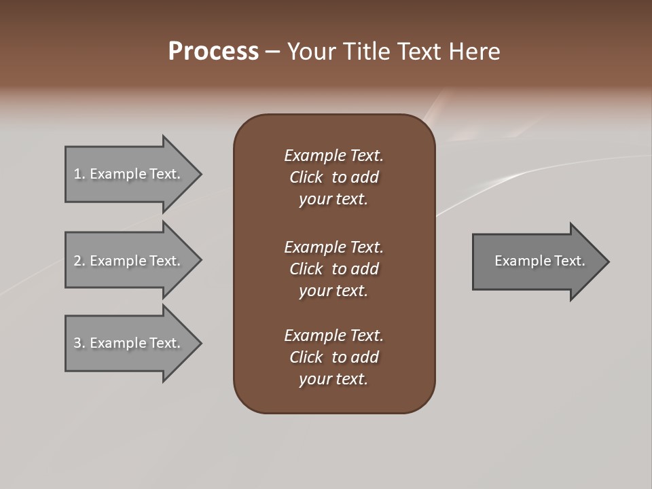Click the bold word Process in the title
click(x=213, y=52)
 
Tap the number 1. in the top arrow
click(x=79, y=174)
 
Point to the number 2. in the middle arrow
click(x=79, y=261)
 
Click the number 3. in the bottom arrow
click(x=79, y=343)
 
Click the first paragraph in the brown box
click(x=333, y=177)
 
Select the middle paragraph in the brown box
click(x=333, y=269)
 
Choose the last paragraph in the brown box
click(x=333, y=357)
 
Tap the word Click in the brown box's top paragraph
click(x=306, y=177)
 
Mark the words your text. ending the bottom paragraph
click(x=333, y=379)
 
